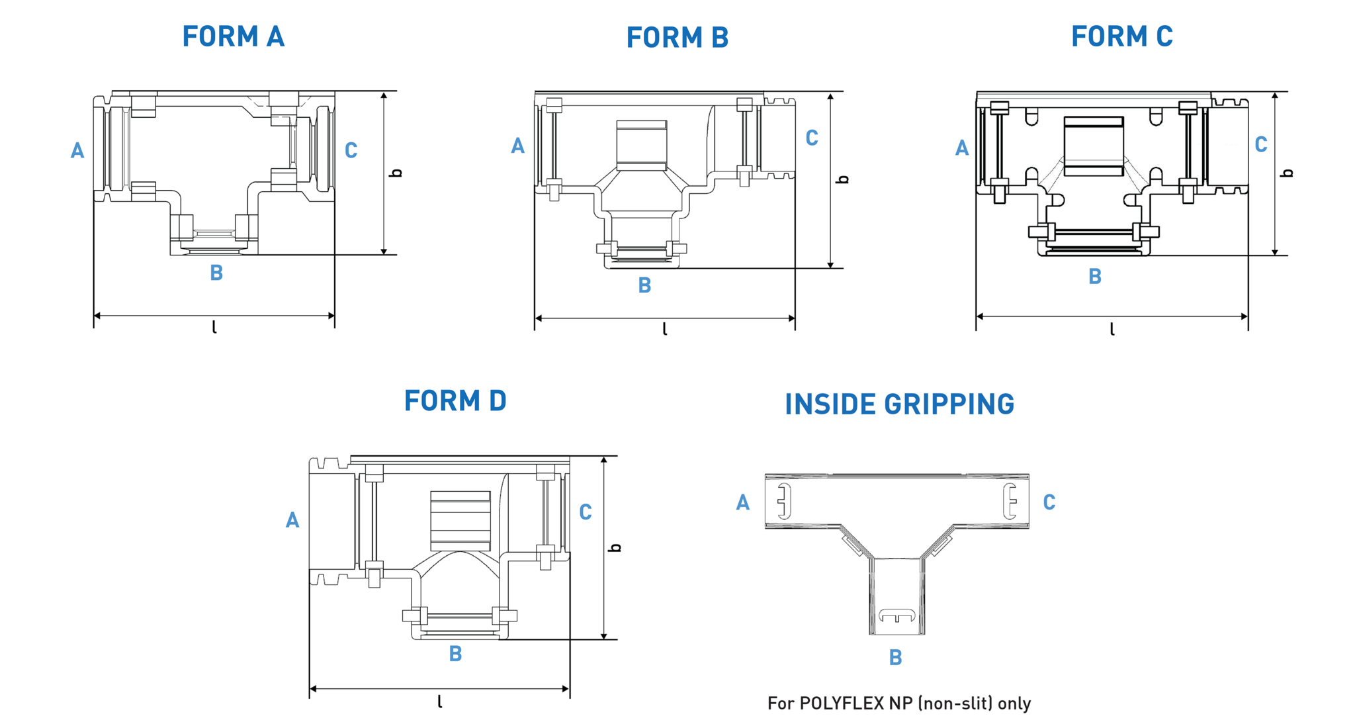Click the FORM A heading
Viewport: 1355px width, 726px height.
(x=233, y=36)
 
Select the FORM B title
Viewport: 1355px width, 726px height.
(x=677, y=38)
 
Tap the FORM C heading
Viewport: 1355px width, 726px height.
(x=1121, y=36)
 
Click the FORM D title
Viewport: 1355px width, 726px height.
(x=455, y=400)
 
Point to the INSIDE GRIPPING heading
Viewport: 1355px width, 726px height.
(x=899, y=404)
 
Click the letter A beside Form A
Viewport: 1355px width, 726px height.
(x=77, y=151)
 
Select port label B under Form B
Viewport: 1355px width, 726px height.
(x=644, y=285)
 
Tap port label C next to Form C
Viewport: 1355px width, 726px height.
(x=1260, y=144)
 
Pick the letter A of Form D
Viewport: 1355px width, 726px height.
(x=292, y=520)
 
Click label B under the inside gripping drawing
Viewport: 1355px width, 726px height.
(x=895, y=657)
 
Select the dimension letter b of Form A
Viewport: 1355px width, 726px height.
(x=396, y=173)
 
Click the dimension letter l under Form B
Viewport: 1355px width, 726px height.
(x=665, y=329)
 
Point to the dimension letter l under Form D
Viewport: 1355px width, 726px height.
(x=440, y=702)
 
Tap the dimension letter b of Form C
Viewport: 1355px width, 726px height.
(x=1287, y=173)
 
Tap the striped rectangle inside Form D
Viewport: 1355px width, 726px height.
(x=460, y=521)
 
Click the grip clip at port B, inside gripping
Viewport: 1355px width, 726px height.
(x=896, y=616)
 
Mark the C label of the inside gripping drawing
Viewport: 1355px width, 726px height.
(x=1049, y=502)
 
